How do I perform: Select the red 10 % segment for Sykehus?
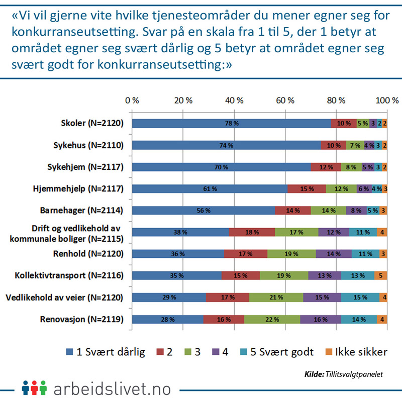pos(334,145)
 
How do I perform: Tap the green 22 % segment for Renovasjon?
pos(272,319)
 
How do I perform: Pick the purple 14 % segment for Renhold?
pos(333,254)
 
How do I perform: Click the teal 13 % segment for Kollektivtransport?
pos(358,275)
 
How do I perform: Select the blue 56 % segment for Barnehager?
pos(203,211)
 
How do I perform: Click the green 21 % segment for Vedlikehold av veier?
pos(276,297)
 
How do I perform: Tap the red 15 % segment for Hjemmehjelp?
pos(307,189)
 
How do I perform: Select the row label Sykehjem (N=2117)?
pos(90,167)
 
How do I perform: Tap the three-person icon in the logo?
pos(34,387)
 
